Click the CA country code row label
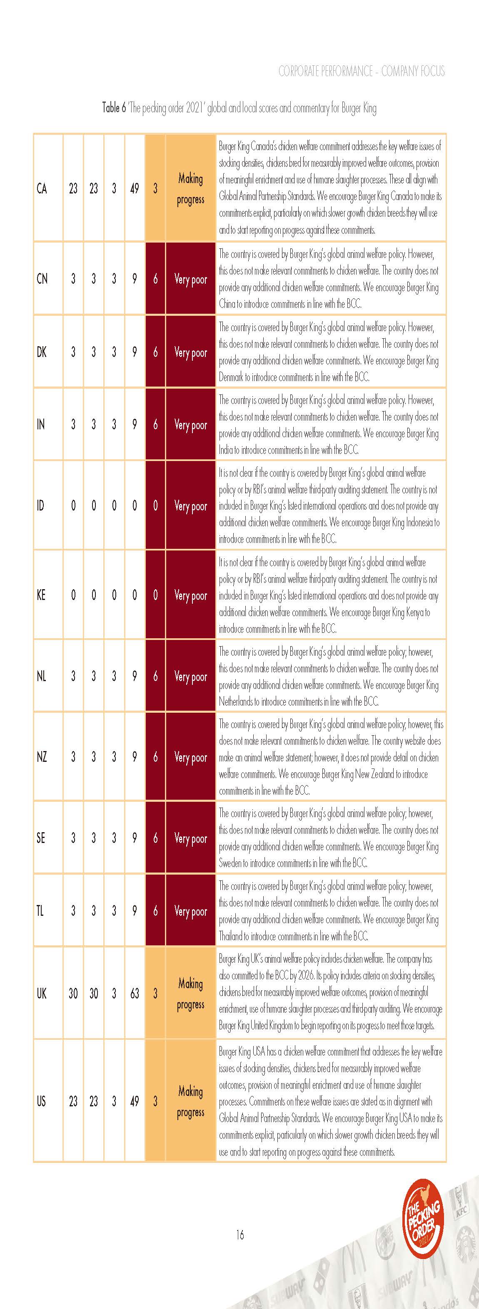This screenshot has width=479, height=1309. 42,188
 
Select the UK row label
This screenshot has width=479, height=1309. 42,993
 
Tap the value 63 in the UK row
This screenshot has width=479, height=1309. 134,993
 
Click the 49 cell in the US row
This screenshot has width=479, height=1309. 134,1101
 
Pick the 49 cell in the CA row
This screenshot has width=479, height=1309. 134,188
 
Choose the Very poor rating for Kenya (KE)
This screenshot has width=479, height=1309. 190,595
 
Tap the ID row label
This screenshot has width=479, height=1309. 41,505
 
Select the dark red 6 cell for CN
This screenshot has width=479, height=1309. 155,278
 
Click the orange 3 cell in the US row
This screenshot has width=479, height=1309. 155,1101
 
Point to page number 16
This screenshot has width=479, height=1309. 239,1234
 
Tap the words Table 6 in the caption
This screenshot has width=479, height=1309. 113,108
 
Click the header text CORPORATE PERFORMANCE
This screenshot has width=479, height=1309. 325,71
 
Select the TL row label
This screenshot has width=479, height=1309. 40,911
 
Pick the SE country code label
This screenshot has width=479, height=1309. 41,838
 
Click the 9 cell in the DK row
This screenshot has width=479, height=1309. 134,352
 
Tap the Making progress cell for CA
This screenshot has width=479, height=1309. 190,188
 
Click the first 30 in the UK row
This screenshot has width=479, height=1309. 73,993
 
